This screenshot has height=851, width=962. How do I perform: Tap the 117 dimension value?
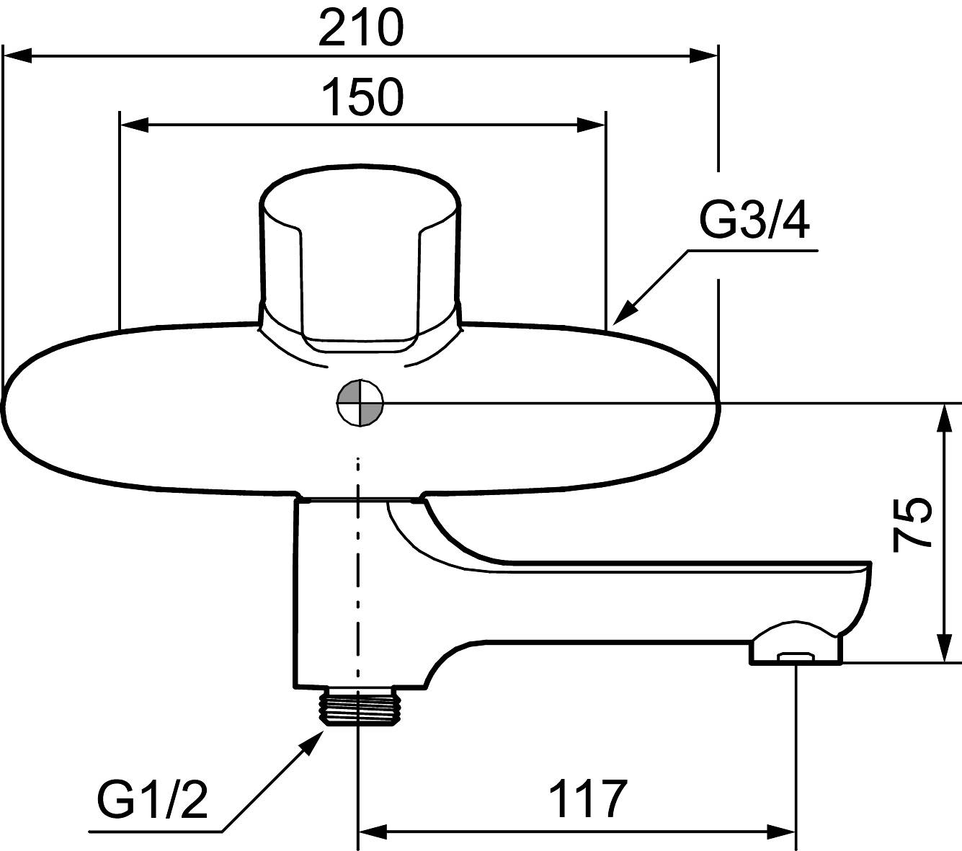[588, 798]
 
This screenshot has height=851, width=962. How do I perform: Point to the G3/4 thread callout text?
[754, 222]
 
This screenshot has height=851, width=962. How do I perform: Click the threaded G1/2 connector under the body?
[358, 708]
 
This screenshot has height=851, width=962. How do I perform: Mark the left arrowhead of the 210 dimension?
[18, 55]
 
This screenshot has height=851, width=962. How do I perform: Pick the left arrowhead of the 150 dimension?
[133, 125]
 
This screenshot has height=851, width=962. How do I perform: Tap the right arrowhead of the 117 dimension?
[782, 832]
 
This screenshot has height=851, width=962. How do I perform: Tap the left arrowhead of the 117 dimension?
[373, 832]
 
